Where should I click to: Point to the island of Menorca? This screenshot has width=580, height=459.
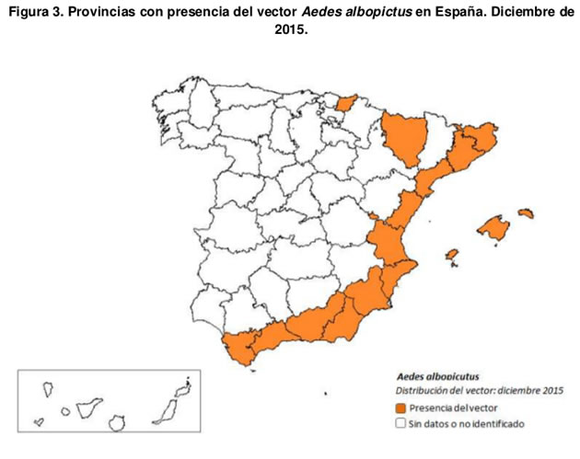(x=527, y=213)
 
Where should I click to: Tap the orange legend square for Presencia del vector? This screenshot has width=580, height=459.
(x=400, y=407)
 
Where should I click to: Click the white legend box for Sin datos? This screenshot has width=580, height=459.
(x=400, y=424)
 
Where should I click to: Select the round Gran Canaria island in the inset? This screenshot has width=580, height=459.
(x=117, y=423)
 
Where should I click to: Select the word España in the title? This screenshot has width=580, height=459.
(x=467, y=10)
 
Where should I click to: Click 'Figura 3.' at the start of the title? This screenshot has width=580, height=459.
(x=35, y=10)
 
